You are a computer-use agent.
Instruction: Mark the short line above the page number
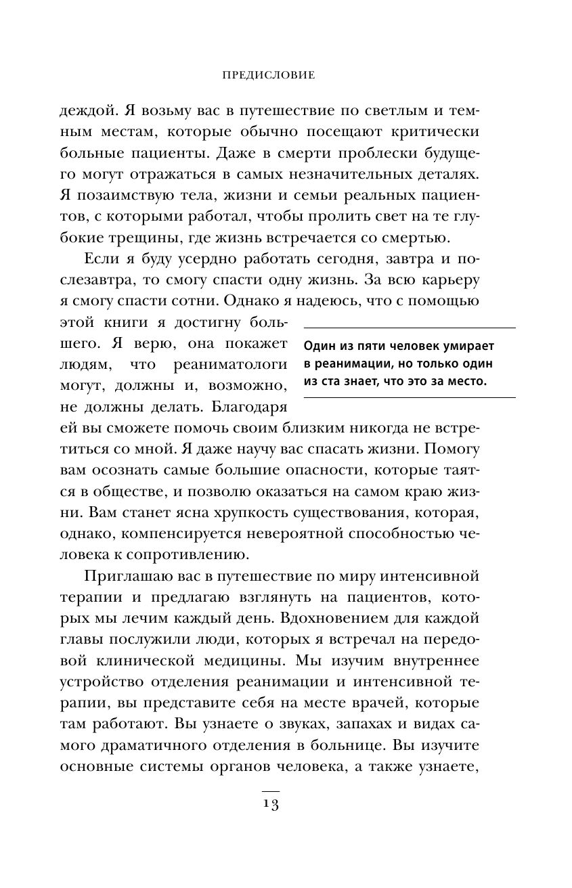pos(270,790)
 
